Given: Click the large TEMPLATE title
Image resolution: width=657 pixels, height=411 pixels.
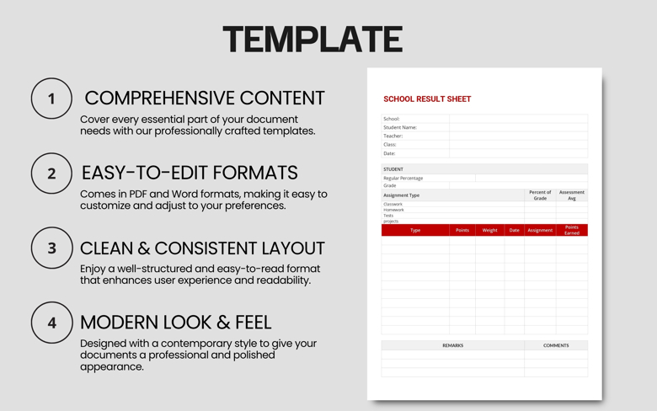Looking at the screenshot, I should coord(312,40).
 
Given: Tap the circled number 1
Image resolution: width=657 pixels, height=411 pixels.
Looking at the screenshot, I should coord(51,99).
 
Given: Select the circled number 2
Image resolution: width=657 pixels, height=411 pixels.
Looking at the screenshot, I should coord(51,173).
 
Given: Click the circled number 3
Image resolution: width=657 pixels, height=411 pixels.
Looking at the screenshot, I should coord(51,248).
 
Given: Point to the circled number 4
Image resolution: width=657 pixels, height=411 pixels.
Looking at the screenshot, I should coord(51,323).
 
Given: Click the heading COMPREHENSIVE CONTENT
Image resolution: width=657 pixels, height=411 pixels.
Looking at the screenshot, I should coord(204,98).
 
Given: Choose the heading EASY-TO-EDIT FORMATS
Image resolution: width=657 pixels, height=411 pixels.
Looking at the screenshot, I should coord(190,173).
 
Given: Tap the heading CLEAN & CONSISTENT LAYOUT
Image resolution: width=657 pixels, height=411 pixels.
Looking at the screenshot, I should coord(202,248).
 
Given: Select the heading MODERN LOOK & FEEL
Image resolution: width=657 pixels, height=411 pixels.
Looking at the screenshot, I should coord(176,322).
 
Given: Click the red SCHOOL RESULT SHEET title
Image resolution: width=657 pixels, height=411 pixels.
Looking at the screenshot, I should coord(427,99).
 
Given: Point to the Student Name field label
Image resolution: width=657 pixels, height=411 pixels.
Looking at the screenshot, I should coord(400,127).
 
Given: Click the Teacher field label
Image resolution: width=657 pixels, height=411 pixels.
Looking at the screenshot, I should coord(393,136).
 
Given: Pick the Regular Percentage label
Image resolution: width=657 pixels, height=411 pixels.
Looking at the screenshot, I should coord(403,178).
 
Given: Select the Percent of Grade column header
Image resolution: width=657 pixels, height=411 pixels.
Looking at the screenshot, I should coord(540,195).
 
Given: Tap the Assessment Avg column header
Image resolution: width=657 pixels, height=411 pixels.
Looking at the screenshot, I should coord(572,195).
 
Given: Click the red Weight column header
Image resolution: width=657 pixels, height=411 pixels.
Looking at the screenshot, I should coord(489,230).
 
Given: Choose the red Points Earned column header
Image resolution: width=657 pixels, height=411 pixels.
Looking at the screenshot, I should coord(572,230).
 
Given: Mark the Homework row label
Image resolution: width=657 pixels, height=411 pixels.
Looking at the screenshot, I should coord(394,210).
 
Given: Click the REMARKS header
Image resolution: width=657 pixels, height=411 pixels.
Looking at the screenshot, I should coord(452,345).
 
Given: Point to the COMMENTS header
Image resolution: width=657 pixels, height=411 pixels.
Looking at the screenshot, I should coord(556,345).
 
